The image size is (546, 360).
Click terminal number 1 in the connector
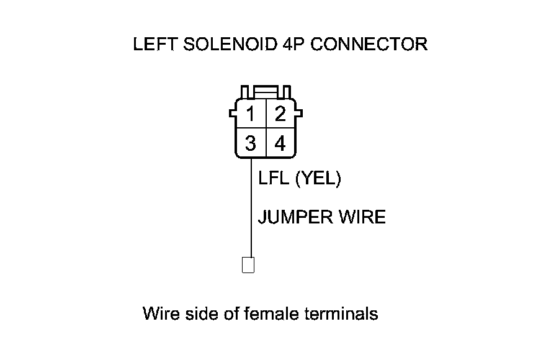pyautogui.click(x=250, y=115)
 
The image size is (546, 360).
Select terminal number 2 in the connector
pyautogui.click(x=280, y=115)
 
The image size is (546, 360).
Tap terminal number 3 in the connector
pyautogui.click(x=250, y=144)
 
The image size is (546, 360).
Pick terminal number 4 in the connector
pyautogui.click(x=280, y=144)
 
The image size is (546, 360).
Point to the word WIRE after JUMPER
pyautogui.click(x=362, y=217)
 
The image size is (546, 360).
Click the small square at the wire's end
pyautogui.click(x=248, y=265)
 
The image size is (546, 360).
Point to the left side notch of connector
pyautogui.click(x=233, y=114)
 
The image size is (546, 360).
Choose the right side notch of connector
pyautogui.click(x=299, y=114)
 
